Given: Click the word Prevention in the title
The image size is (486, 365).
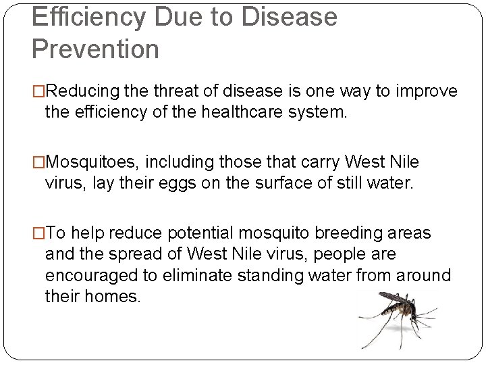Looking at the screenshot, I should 96,49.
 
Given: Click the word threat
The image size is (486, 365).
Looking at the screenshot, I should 176,91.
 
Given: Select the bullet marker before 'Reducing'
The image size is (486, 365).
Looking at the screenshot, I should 38,91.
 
